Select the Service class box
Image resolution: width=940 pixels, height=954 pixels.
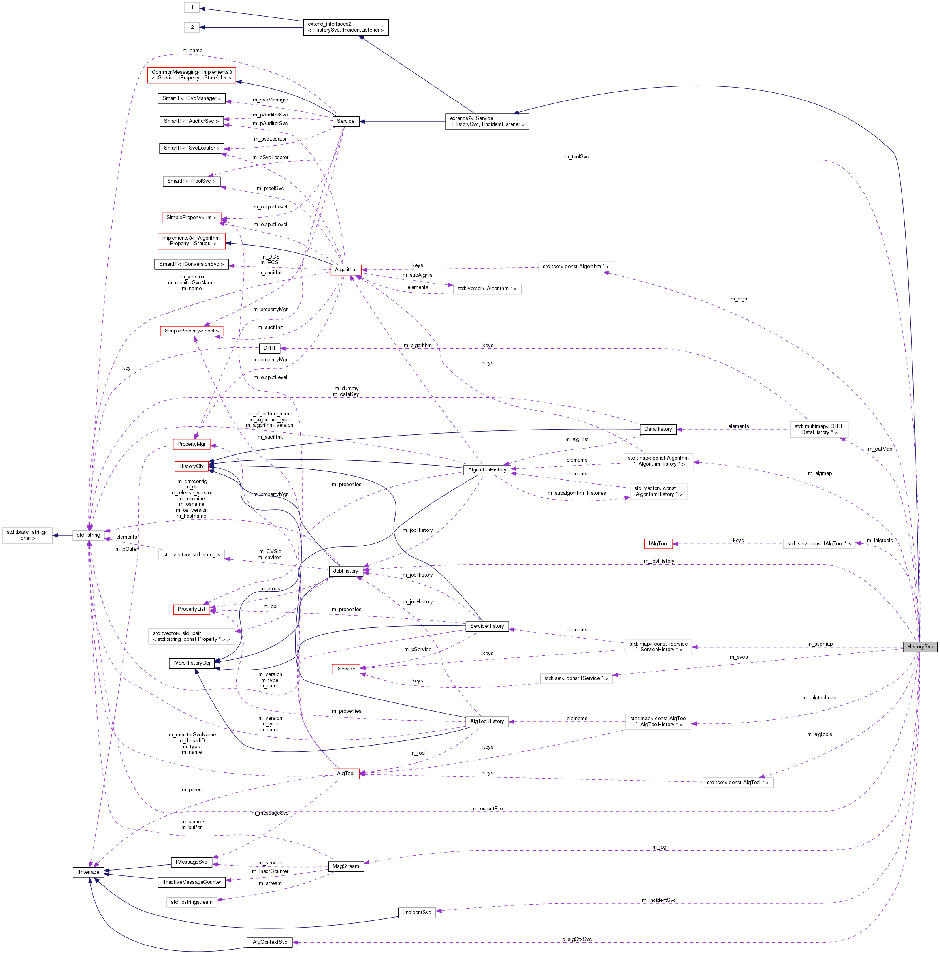[346, 121]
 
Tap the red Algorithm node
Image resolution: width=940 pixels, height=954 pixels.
[346, 269]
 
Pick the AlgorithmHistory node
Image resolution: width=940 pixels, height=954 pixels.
[487, 469]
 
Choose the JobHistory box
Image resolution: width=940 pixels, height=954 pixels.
[346, 571]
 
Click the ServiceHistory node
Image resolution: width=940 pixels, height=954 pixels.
[487, 626]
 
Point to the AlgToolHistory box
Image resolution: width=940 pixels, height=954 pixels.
[487, 721]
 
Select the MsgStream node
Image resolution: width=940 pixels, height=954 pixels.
[346, 866]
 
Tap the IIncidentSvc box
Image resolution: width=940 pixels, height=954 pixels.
[417, 912]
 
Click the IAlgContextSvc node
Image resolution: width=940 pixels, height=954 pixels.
[269, 942]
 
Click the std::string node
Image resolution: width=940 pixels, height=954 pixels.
[89, 535]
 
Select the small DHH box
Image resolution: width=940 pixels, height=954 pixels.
[269, 348]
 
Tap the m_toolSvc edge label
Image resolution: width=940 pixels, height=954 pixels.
[576, 156]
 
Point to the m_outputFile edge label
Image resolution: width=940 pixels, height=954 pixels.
[487, 808]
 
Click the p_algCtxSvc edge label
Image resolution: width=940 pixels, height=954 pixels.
[576, 939]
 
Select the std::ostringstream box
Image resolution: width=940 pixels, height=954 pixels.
[192, 902]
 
